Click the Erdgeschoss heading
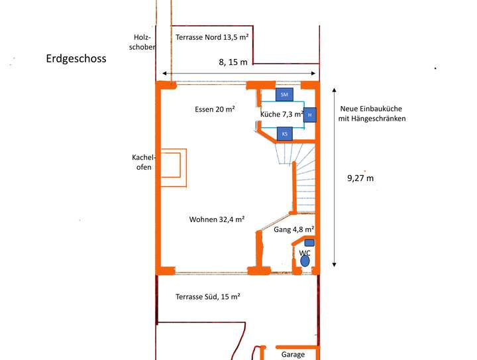(76, 59)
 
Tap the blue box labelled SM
(284, 95)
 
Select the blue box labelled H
(310, 115)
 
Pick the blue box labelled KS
(285, 134)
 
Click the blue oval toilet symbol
(305, 261)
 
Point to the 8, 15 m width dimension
(233, 62)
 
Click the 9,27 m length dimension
(360, 178)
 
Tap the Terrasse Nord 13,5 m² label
(212, 38)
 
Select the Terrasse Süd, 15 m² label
(207, 296)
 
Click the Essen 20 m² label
(215, 109)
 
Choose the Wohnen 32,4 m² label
(217, 219)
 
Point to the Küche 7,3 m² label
(282, 115)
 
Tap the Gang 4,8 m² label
(293, 229)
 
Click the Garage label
(293, 355)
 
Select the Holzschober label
(144, 42)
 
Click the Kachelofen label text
(142, 162)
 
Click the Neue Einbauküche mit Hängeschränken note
(372, 113)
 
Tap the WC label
(305, 253)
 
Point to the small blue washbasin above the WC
(309, 243)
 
